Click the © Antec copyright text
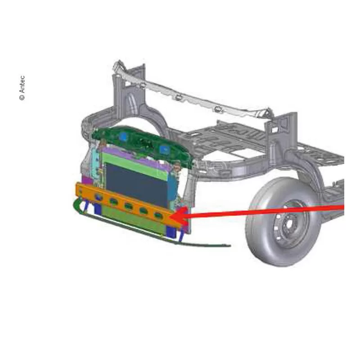[22, 88]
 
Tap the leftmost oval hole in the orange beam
[99, 197]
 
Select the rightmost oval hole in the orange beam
[158, 216]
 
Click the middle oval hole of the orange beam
[128, 206]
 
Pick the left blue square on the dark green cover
[123, 137]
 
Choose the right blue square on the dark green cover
[164, 149]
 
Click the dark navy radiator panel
[138, 184]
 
